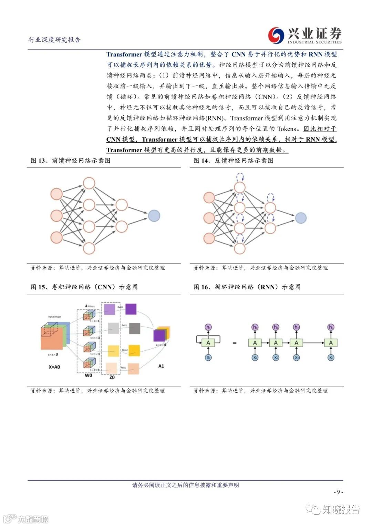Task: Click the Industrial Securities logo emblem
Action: (276, 35)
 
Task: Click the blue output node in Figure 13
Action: (154, 216)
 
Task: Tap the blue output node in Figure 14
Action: (300, 218)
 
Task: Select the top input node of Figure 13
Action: (56, 194)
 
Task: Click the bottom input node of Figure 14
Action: (209, 238)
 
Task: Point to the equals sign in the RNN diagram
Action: (235, 343)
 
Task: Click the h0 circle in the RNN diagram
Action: (255, 327)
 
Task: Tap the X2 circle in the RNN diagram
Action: (296, 358)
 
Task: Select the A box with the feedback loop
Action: (208, 342)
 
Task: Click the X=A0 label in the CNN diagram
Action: (54, 367)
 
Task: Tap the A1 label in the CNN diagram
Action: (161, 366)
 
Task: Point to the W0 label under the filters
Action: (89, 375)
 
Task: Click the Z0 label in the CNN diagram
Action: (112, 377)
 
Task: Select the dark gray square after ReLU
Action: (134, 328)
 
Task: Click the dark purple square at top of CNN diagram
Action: (131, 309)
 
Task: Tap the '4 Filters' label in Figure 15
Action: (90, 306)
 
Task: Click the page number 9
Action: (338, 492)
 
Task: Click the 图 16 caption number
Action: (201, 287)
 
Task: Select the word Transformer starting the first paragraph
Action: (124, 54)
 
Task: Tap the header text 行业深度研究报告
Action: (54, 40)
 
